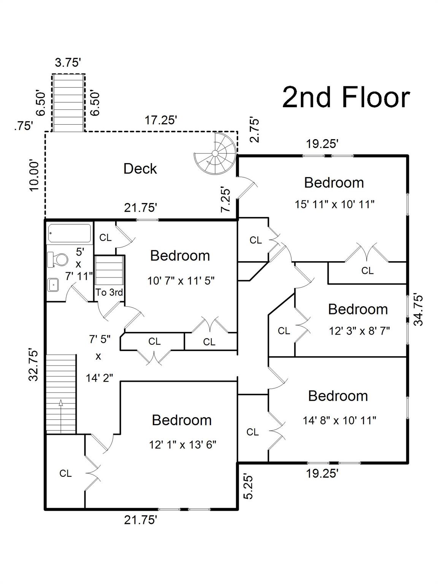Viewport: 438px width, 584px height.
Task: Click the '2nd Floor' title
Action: pyautogui.click(x=346, y=97)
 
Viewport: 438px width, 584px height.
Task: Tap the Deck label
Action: pyautogui.click(x=140, y=169)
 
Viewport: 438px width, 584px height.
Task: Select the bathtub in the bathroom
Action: pyautogui.click(x=69, y=233)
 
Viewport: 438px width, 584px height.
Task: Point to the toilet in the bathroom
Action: pyautogui.click(x=57, y=259)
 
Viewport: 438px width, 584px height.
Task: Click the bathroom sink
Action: pyautogui.click(x=54, y=285)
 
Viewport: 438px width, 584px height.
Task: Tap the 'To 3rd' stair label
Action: pyautogui.click(x=109, y=292)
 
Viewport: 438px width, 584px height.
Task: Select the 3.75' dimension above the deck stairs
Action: pyautogui.click(x=68, y=63)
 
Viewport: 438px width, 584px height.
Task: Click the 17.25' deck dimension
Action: pyautogui.click(x=161, y=120)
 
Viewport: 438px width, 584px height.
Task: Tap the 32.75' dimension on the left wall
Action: pyautogui.click(x=34, y=366)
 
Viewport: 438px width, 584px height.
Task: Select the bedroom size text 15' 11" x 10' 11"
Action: pyautogui.click(x=335, y=205)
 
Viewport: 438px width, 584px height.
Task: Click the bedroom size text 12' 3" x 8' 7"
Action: pyautogui.click(x=359, y=331)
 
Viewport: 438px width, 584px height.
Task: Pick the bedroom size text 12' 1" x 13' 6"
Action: pyautogui.click(x=182, y=444)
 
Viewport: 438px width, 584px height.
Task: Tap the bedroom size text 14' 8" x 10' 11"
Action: pyautogui.click(x=340, y=421)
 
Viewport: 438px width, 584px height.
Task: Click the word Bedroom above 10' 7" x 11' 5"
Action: pyautogui.click(x=180, y=255)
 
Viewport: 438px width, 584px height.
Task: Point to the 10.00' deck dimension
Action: pyautogui.click(x=34, y=175)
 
